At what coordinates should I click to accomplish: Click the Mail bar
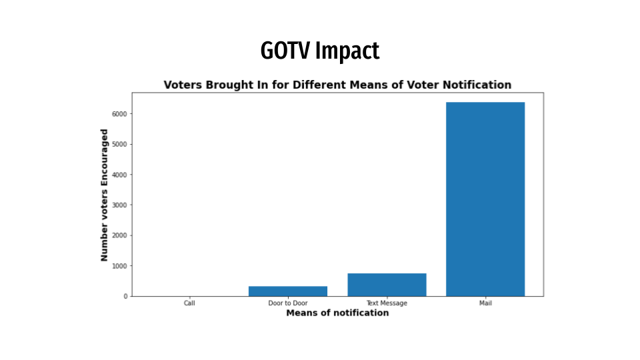(485, 199)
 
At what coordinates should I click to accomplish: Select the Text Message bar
(387, 285)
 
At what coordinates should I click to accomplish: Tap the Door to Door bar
(288, 291)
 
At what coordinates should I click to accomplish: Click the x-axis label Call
(189, 303)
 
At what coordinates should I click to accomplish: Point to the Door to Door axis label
(288, 303)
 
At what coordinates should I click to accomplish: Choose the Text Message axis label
(387, 303)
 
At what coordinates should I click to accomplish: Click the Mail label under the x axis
(485, 303)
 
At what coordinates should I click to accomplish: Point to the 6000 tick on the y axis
(119, 114)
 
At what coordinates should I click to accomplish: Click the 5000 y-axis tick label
(119, 144)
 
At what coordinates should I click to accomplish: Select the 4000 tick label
(119, 175)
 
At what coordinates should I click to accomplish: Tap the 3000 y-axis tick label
(119, 205)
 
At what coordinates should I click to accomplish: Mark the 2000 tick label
(119, 235)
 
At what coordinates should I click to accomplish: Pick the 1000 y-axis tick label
(119, 265)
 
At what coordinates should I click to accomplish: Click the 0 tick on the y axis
(125, 296)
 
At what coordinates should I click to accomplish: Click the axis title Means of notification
(337, 313)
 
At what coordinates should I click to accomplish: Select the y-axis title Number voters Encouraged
(104, 195)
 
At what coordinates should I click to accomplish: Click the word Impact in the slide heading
(347, 51)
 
